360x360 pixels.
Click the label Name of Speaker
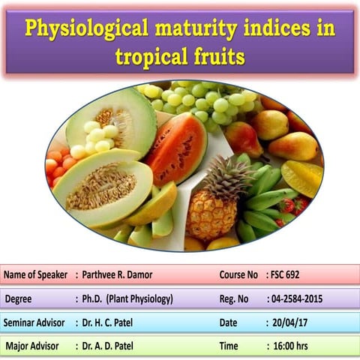coord(35,274)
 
